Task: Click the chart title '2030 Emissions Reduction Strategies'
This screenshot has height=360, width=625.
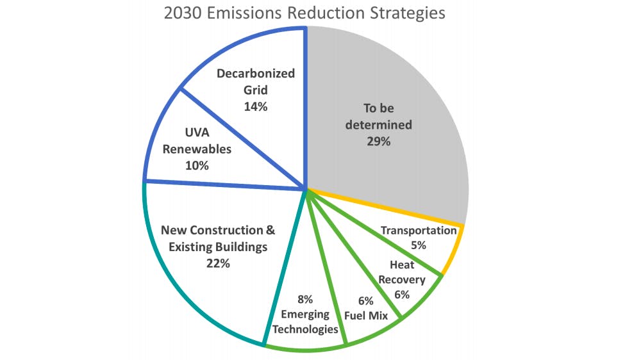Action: (312, 13)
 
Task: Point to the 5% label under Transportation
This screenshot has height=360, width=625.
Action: (419, 245)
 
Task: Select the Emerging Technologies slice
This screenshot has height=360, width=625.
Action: (308, 301)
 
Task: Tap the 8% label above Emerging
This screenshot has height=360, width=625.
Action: (304, 299)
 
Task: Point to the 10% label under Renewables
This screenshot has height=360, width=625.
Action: (197, 166)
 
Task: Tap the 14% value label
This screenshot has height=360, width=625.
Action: (255, 107)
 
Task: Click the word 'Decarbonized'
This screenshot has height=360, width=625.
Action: (255, 74)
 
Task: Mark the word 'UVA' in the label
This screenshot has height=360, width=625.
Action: (197, 133)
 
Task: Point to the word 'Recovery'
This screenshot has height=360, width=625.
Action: (406, 279)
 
